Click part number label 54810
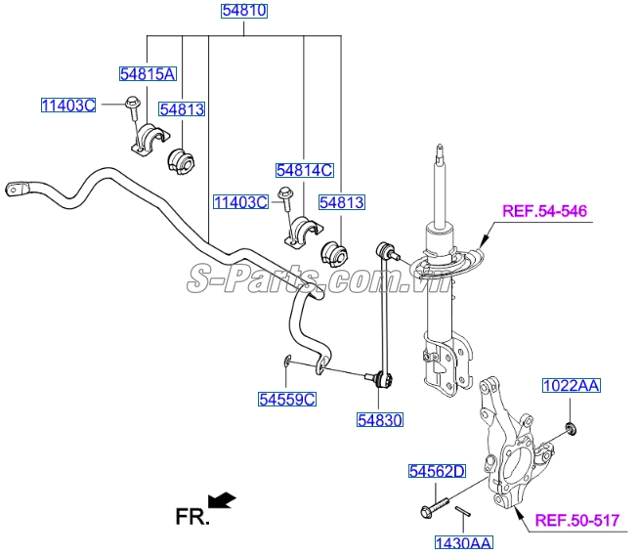click(x=242, y=13)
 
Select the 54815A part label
click(x=148, y=73)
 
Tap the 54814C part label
click(x=304, y=170)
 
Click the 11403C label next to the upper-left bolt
click(x=67, y=105)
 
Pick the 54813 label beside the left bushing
click(x=182, y=109)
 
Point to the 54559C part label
click(x=287, y=399)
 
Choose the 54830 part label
click(x=379, y=419)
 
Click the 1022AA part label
click(x=572, y=387)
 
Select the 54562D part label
click(x=437, y=472)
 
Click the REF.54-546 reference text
click(x=546, y=211)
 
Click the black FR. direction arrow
click(x=223, y=500)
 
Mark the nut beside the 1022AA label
click(x=572, y=426)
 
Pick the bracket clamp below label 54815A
click(x=144, y=139)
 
